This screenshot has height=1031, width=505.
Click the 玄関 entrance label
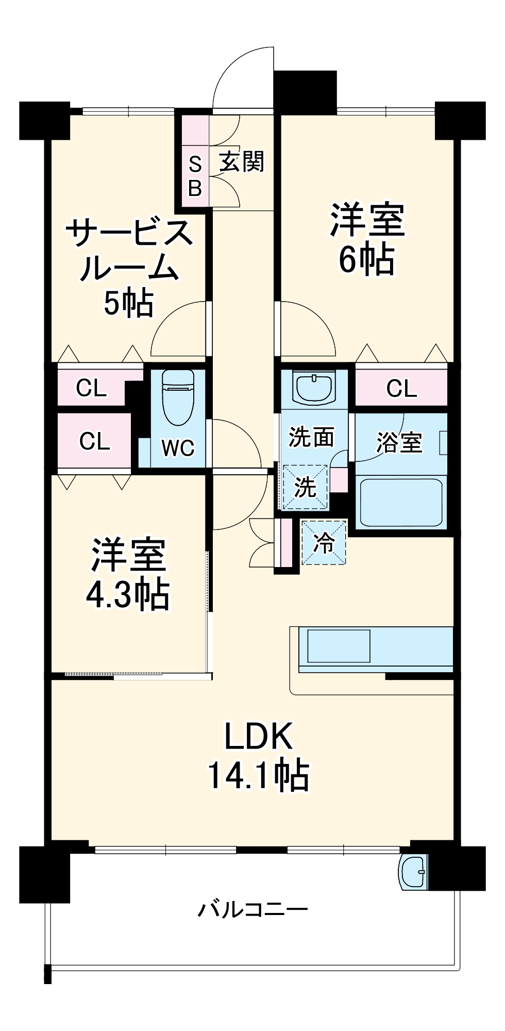point(242,162)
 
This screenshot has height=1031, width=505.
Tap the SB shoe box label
point(195,177)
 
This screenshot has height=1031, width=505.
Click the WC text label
point(178,448)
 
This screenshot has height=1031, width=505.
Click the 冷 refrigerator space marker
point(324,542)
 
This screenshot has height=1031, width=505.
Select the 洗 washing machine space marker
point(305,487)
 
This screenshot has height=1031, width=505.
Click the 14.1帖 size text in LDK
point(259,775)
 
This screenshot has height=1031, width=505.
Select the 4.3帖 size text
point(127,595)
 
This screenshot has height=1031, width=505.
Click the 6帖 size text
point(367,259)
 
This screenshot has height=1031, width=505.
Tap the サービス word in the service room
point(129,233)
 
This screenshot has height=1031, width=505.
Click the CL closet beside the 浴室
point(401,388)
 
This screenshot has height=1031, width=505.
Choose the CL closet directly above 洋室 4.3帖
point(94,441)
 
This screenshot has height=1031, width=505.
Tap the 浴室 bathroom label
point(399,442)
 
